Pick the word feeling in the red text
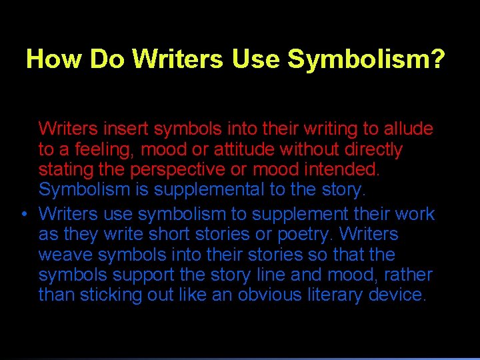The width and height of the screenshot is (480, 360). coord(101,149)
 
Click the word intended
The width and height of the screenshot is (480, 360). coord(345,169)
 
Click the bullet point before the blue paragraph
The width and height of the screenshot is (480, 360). coord(24,215)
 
